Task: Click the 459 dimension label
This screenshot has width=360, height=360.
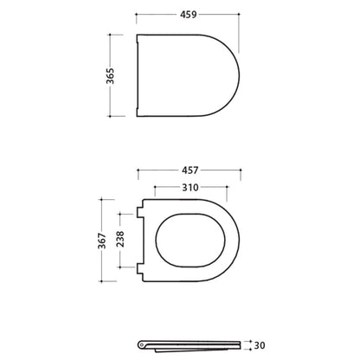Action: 189,15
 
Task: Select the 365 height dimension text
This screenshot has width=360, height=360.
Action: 110,76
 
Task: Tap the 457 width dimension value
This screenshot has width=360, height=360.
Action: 190,170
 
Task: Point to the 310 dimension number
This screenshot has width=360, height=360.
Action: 190,187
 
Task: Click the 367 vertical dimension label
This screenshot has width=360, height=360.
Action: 102,241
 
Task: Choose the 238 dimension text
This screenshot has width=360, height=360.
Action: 120,239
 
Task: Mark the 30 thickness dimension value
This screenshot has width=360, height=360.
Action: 260,345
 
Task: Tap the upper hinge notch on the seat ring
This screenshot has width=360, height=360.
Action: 140,212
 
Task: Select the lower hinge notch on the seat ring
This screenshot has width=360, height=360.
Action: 140,269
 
